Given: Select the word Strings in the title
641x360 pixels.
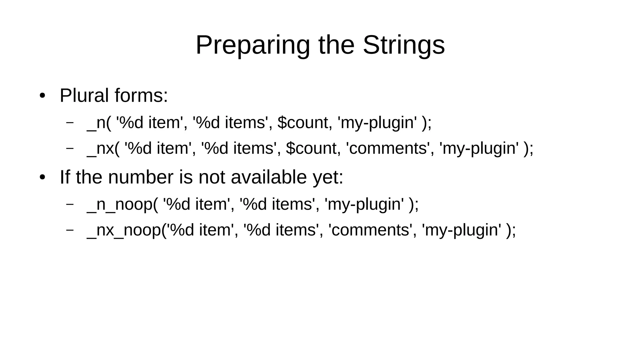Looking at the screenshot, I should pyautogui.click(x=403, y=45).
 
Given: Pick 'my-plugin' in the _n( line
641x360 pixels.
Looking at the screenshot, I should pyautogui.click(x=377, y=123).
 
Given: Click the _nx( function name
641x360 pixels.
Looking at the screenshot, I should pyautogui.click(x=103, y=148).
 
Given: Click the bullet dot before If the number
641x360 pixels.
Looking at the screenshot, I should pyautogui.click(x=43, y=177).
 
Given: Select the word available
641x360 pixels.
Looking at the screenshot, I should pyautogui.click(x=269, y=177).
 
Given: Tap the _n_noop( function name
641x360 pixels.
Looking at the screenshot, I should pyautogui.click(x=122, y=204).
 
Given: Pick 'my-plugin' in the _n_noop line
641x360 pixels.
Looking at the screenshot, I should pyautogui.click(x=364, y=204).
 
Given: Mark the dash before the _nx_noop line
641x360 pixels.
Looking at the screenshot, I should pyautogui.click(x=70, y=229).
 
